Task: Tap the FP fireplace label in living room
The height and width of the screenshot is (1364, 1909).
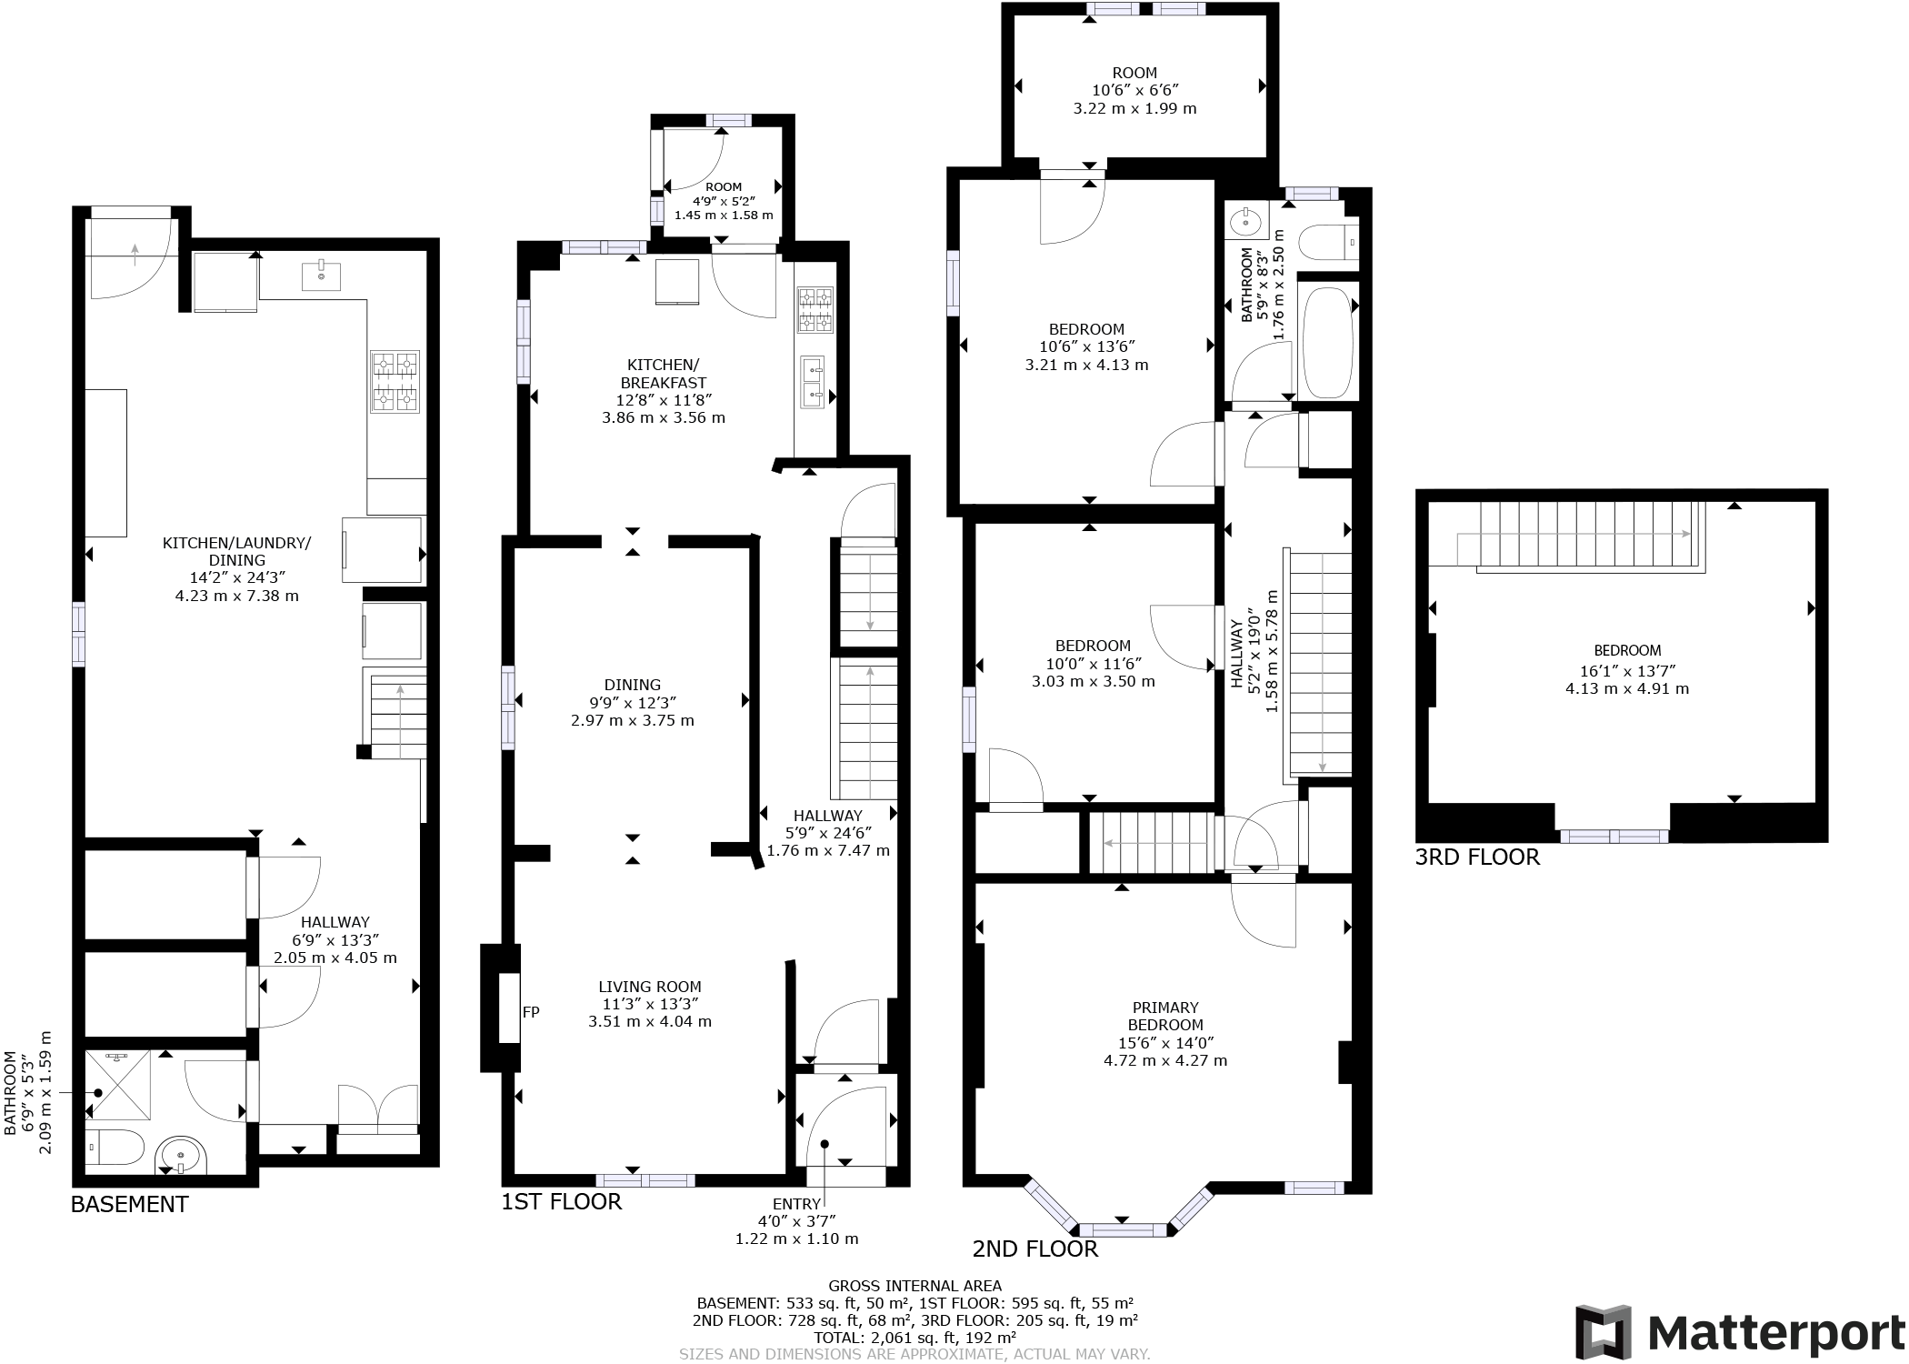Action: click(531, 1011)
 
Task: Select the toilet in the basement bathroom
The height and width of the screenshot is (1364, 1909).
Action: click(115, 1148)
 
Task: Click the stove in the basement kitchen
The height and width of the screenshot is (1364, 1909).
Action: click(395, 381)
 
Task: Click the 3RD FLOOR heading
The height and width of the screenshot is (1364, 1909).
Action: click(1476, 857)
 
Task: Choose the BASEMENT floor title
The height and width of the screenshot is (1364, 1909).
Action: click(129, 1204)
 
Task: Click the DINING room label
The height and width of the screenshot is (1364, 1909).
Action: click(633, 685)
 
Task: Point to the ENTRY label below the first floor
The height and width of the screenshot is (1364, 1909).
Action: click(796, 1204)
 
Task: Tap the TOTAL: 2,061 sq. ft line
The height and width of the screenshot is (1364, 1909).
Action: click(915, 1338)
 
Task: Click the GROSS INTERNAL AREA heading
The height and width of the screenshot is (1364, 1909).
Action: click(915, 1285)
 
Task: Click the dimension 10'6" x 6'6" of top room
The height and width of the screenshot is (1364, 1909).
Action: click(1134, 90)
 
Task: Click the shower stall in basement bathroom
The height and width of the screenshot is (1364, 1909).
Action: click(123, 1085)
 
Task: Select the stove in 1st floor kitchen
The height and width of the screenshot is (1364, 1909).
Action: click(815, 310)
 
